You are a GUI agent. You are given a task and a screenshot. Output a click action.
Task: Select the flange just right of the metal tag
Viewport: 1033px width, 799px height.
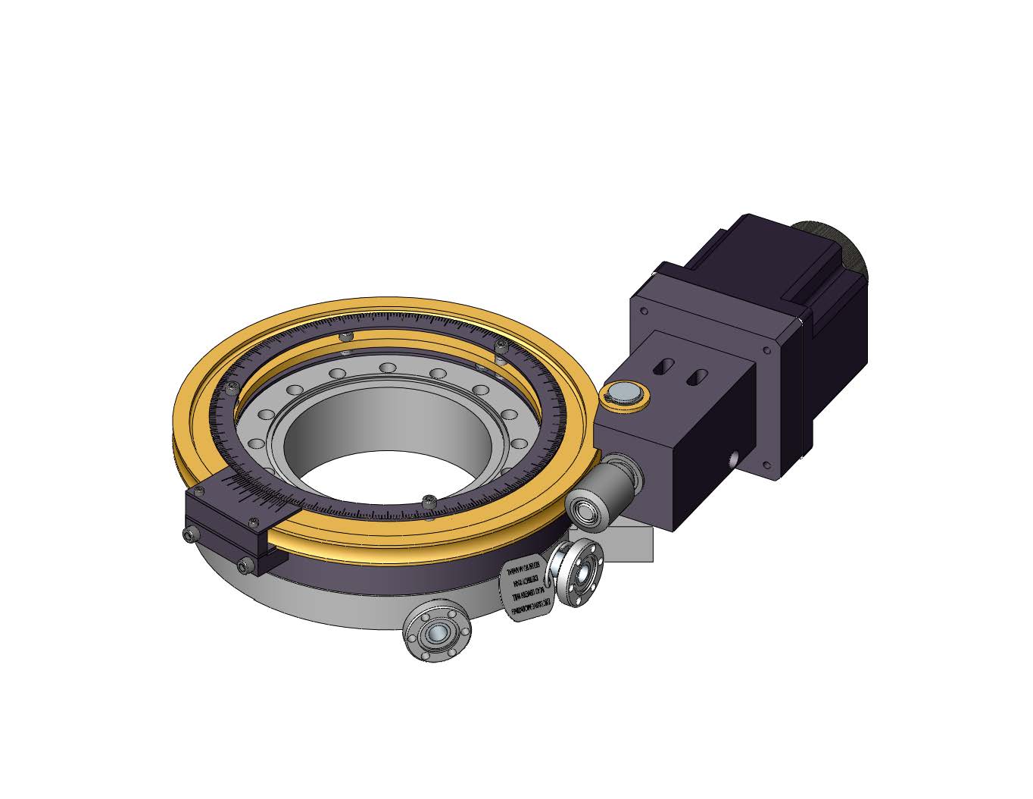point(578,573)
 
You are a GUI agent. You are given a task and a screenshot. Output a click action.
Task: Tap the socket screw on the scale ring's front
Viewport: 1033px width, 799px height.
point(429,500)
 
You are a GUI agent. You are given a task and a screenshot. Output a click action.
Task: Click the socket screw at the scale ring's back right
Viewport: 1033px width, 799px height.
point(501,348)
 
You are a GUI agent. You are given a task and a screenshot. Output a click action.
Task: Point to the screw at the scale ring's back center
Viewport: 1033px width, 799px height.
point(346,336)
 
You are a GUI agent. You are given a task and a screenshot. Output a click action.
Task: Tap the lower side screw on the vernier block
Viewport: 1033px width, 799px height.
point(243,563)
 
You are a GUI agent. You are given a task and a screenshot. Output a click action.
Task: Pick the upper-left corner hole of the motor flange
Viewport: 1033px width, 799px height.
point(643,310)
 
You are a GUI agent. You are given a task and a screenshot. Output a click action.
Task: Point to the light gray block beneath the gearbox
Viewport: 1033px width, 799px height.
point(632,544)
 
